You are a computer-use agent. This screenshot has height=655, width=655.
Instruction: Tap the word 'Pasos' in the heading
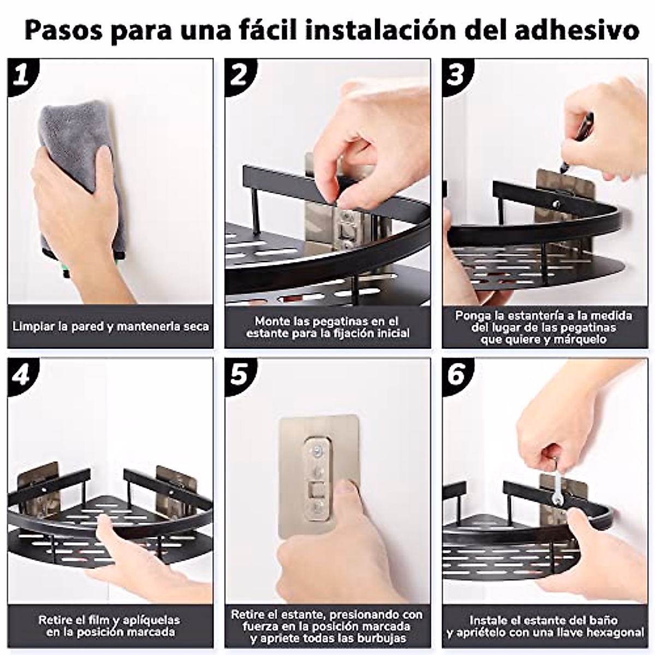pos(63,31)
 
